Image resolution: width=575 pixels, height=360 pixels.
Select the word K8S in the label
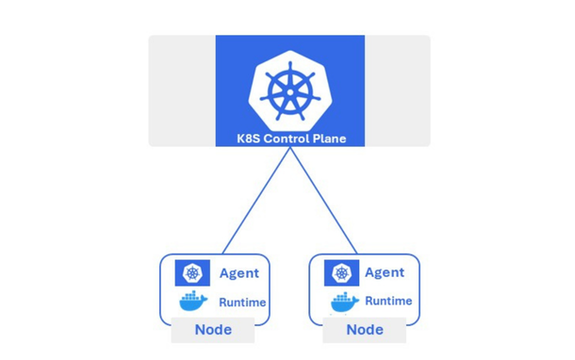[251, 139]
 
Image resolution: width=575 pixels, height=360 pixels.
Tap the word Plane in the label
[329, 139]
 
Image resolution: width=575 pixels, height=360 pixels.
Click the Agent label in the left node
[238, 273]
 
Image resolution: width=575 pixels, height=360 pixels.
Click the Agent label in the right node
[384, 273]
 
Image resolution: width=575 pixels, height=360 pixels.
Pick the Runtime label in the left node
[242, 303]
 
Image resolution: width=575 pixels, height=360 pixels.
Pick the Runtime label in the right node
[388, 302]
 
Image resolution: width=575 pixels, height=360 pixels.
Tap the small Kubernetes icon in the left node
[192, 273]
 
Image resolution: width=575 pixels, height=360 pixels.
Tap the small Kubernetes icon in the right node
[342, 273]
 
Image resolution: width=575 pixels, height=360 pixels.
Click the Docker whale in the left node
[193, 302]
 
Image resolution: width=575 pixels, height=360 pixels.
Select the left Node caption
[213, 330]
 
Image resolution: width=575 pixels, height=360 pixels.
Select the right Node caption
[365, 330]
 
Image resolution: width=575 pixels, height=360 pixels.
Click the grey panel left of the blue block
[182, 90]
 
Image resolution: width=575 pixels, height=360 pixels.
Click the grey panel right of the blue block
[397, 90]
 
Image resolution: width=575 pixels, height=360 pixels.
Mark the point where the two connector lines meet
[289, 149]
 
